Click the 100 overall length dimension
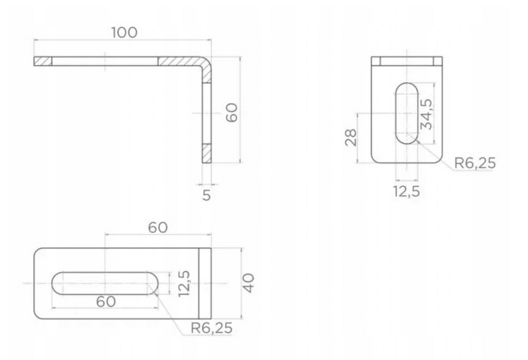click(x=124, y=32)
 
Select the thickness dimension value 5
click(x=206, y=195)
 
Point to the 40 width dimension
click(x=250, y=283)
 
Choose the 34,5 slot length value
click(x=426, y=114)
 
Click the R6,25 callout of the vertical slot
click(x=474, y=163)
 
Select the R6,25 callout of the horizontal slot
click(x=211, y=328)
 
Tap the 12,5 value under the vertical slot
click(x=406, y=191)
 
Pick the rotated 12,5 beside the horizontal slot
click(x=184, y=283)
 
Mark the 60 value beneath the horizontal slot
click(x=106, y=301)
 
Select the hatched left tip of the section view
click(x=43, y=61)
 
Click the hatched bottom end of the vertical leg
click(x=207, y=153)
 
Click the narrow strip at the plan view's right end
click(x=205, y=283)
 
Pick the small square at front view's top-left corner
click(x=376, y=61)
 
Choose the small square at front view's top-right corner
click(x=438, y=61)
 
